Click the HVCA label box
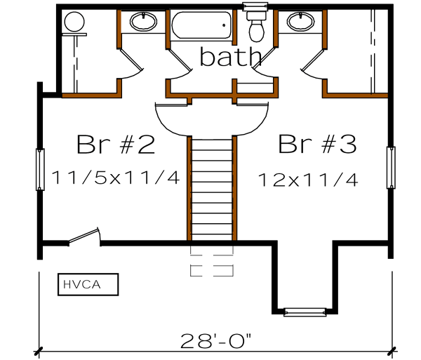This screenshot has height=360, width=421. pyautogui.click(x=88, y=285)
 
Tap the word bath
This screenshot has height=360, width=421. pyautogui.click(x=231, y=57)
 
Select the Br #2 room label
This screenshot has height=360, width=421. pyautogui.click(x=115, y=145)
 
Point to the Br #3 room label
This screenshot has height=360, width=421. pyautogui.click(x=318, y=145)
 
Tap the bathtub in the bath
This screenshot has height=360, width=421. pyautogui.click(x=202, y=27)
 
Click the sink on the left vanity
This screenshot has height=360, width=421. pyautogui.click(x=145, y=21)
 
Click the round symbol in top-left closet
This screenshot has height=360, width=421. pyautogui.click(x=72, y=22)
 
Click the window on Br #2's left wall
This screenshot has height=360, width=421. pyautogui.click(x=40, y=169)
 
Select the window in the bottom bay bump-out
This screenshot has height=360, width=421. pyautogui.click(x=304, y=311)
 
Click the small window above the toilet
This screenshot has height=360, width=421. pyautogui.click(x=251, y=6)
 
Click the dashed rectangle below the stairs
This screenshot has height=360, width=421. pyautogui.click(x=211, y=260)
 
